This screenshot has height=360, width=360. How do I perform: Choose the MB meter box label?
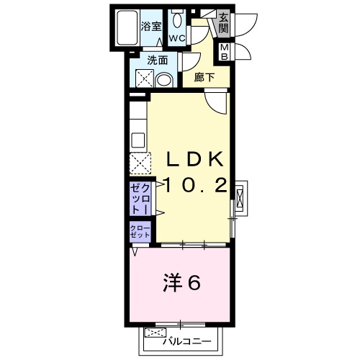click(225, 52)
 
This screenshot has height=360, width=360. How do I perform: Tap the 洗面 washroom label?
click(158, 60)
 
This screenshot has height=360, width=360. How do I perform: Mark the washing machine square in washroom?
click(141, 79)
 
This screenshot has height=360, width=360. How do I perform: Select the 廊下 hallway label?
click(204, 77)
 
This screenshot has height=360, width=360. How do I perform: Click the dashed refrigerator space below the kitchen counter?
click(139, 164)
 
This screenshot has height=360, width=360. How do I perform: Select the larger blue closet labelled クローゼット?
click(139, 198)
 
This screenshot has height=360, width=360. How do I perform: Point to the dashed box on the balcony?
click(153, 333)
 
